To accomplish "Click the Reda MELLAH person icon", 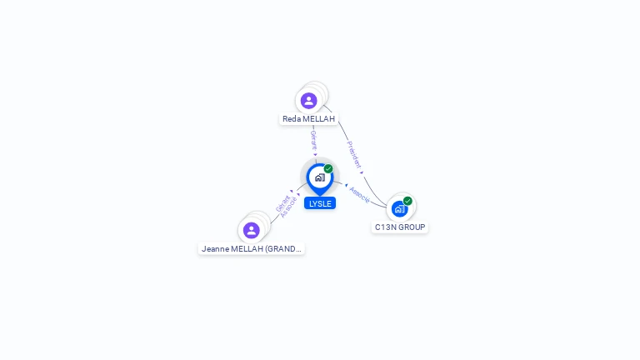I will (309, 101).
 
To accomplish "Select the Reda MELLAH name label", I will (308, 119).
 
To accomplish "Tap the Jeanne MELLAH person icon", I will (251, 230).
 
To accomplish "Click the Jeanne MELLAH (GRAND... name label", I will (251, 248).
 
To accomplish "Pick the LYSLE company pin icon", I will (319, 177).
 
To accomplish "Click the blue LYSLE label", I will (320, 203).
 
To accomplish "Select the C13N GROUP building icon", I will (399, 208).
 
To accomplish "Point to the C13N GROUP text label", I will (400, 227).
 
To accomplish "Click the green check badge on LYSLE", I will (328, 169).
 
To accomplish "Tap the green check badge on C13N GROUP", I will (407, 201).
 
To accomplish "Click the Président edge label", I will (354, 155).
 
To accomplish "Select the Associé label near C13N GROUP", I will (360, 193).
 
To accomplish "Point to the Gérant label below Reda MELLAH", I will (313, 140).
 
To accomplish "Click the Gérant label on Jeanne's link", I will (282, 202).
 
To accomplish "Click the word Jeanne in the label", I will (215, 248).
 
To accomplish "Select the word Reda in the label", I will (292, 119).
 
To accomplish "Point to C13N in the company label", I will (385, 227).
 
